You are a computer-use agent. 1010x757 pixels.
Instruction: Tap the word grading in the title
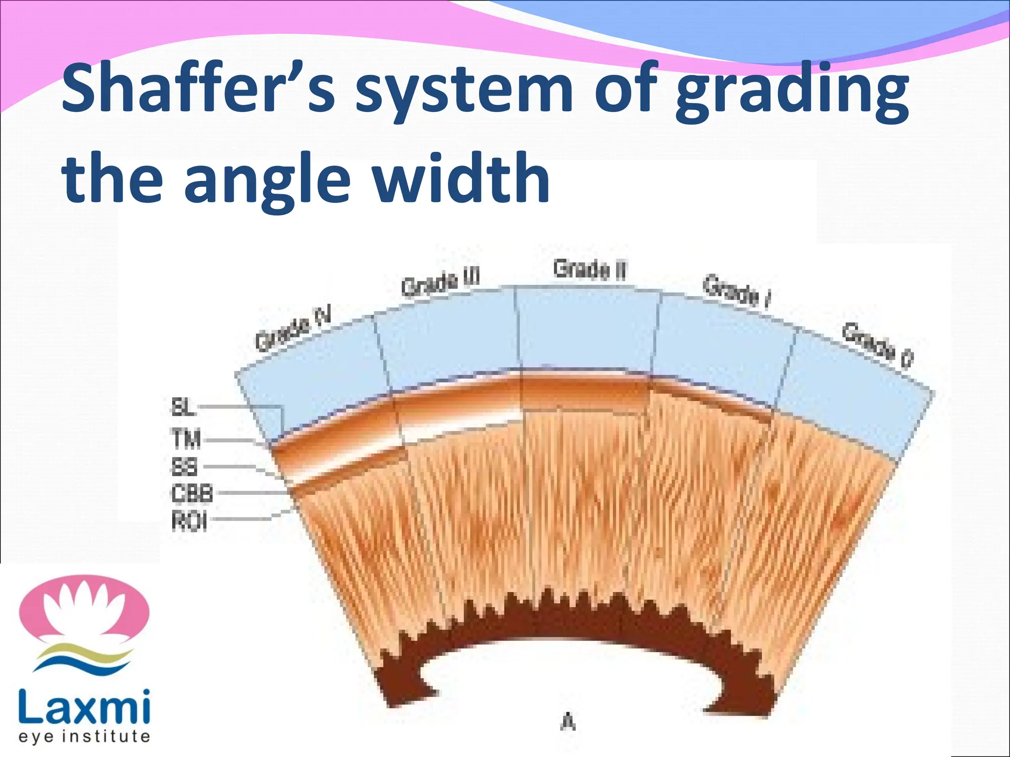pyautogui.click(x=792, y=94)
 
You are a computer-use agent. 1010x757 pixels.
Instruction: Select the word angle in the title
pyautogui.click(x=269, y=180)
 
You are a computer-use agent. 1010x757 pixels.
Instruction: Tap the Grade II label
pyautogui.click(x=589, y=270)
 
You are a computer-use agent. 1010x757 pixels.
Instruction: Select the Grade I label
pyautogui.click(x=736, y=292)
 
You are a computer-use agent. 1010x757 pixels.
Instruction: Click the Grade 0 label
pyautogui.click(x=877, y=345)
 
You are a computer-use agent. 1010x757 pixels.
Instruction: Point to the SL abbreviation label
pyautogui.click(x=183, y=408)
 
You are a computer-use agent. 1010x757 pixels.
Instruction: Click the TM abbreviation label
pyautogui.click(x=186, y=439)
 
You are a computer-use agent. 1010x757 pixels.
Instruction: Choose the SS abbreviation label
pyautogui.click(x=184, y=466)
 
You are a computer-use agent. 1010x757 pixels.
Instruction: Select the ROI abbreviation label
pyautogui.click(x=189, y=521)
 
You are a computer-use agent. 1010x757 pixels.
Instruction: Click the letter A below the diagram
pyautogui.click(x=568, y=723)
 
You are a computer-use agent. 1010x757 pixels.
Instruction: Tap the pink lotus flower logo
pyautogui.click(x=84, y=612)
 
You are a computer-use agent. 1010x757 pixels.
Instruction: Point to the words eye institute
pyautogui.click(x=84, y=737)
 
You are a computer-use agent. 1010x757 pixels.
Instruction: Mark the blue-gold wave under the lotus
pyautogui.click(x=84, y=656)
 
